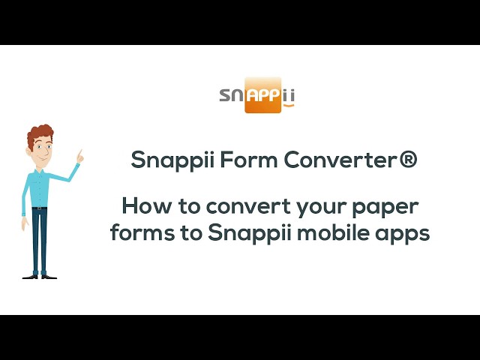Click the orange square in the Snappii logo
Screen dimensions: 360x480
pyautogui.click(x=262, y=94)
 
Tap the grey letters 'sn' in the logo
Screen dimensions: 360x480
pyautogui.click(x=232, y=95)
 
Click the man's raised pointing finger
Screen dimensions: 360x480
pyautogui.click(x=80, y=153)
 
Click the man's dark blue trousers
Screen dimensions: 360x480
pyautogui.click(x=40, y=240)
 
